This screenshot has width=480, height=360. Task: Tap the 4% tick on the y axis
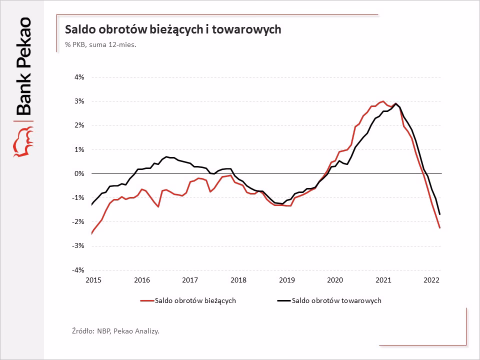point(80,77)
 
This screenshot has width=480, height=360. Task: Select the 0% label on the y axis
point(80,173)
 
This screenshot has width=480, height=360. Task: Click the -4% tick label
point(79,270)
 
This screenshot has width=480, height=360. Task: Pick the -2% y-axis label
point(79,222)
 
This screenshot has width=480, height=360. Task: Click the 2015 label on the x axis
point(93,280)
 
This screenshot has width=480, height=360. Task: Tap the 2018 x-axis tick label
point(238,280)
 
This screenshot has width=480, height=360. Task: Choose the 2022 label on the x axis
point(431,280)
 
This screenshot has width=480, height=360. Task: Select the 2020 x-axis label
point(335,280)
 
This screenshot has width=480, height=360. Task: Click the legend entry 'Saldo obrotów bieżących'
point(195,300)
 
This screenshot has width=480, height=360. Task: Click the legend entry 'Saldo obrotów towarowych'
point(336,300)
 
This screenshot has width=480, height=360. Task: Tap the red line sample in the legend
point(146,301)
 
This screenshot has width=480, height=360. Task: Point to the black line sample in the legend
point(283,301)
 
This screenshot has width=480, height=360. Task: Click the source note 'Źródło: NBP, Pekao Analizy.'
point(115,330)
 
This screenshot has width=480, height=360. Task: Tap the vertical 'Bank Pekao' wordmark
point(23,67)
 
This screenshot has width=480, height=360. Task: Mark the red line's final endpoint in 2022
point(439,228)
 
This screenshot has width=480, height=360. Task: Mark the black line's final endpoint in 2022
point(439,214)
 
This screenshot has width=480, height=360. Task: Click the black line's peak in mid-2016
point(166,157)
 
